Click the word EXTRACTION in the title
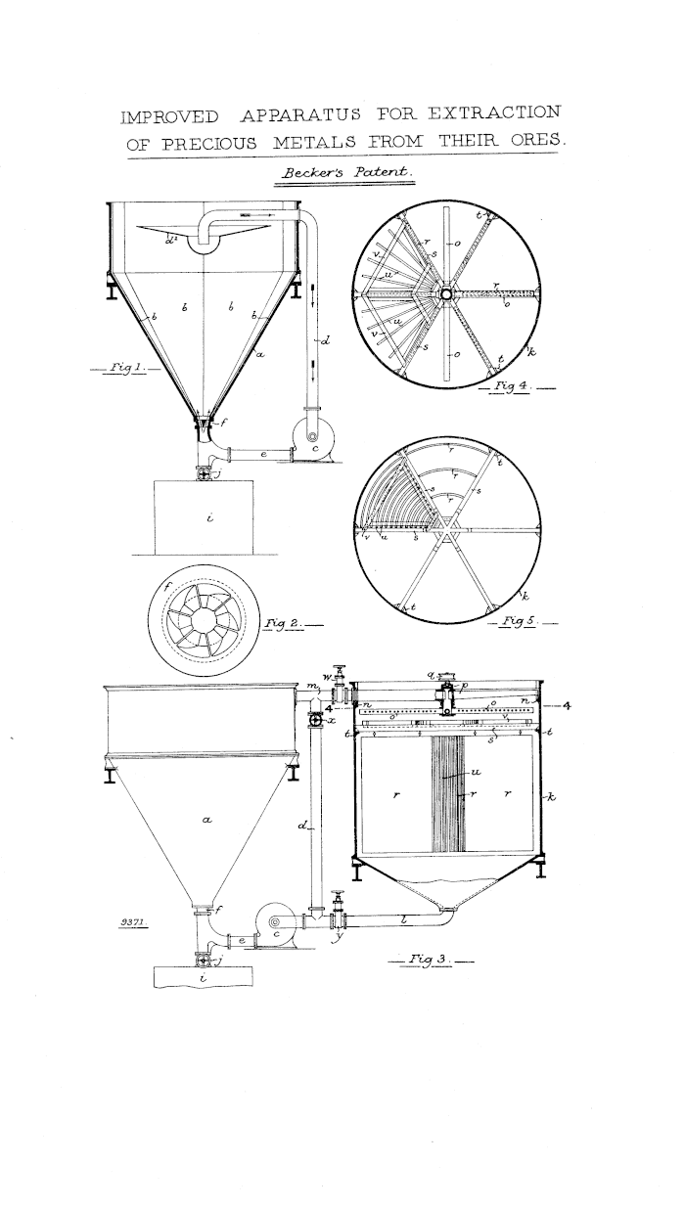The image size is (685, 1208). (494, 113)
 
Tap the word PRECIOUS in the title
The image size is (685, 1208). (209, 144)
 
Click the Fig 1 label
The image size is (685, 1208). (125, 368)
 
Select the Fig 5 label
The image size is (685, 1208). (517, 621)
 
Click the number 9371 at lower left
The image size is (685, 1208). (131, 922)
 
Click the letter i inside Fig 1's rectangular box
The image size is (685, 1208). (209, 517)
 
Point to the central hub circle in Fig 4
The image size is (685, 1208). (446, 293)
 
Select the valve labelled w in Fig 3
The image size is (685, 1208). (340, 684)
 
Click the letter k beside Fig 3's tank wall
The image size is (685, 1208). (551, 796)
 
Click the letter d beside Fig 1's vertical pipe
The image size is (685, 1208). (325, 340)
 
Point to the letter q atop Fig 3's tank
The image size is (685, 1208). (431, 674)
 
